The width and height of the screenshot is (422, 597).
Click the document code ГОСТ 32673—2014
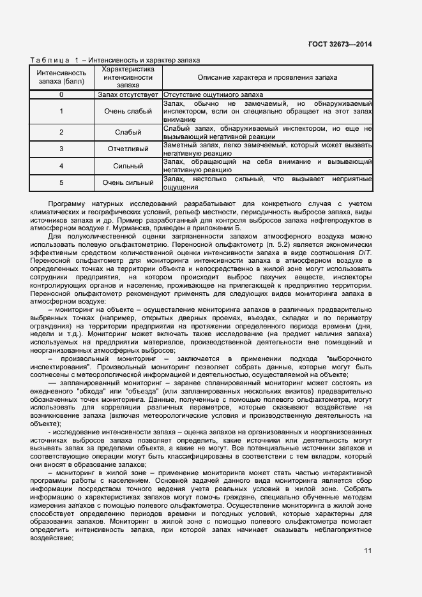coord(340,44)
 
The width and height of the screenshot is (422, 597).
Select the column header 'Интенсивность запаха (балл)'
coord(61,77)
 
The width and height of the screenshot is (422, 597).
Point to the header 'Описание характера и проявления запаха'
coord(267,77)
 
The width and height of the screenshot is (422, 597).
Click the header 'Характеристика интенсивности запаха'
coord(128,77)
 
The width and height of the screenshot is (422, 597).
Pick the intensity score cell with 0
coord(61,94)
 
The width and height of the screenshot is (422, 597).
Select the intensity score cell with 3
coord(61,149)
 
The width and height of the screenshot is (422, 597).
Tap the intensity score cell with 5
coord(61,183)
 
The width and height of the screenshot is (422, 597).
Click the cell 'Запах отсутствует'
coord(128,94)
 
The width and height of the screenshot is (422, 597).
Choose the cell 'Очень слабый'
coord(128,111)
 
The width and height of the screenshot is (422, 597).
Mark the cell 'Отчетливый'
coord(128,149)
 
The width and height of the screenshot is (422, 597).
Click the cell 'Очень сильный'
coord(128,183)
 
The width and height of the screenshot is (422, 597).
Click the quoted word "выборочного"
coord(349,359)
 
